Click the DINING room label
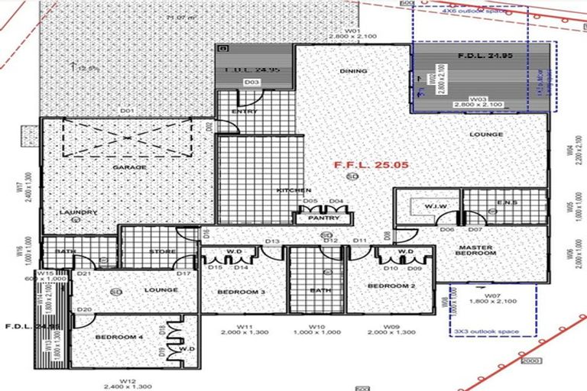354,72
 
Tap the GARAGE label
129,166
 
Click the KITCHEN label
293,189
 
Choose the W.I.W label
436,207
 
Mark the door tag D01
127,111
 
